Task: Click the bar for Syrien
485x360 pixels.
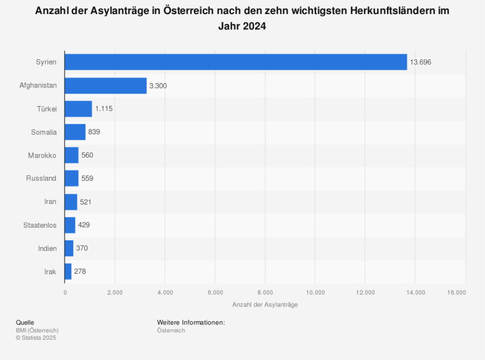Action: point(235,62)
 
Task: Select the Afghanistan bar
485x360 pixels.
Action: point(106,86)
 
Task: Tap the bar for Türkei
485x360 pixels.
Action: point(78,109)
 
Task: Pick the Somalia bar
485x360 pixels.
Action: point(75,132)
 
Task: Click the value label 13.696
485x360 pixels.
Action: point(420,63)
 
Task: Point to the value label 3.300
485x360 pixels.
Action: point(158,86)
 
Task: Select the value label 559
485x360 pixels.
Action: point(87,179)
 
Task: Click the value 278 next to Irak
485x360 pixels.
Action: point(80,272)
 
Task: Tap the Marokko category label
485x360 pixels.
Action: point(42,156)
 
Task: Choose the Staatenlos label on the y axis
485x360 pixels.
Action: point(40,225)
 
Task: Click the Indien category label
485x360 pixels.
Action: point(47,248)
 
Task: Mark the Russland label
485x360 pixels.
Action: point(41,179)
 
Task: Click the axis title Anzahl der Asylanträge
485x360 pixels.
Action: point(265,305)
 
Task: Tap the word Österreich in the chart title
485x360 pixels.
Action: point(183,11)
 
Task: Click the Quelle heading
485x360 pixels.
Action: point(25,323)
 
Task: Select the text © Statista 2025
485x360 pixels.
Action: point(36,338)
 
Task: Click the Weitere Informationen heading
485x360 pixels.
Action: point(190,323)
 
